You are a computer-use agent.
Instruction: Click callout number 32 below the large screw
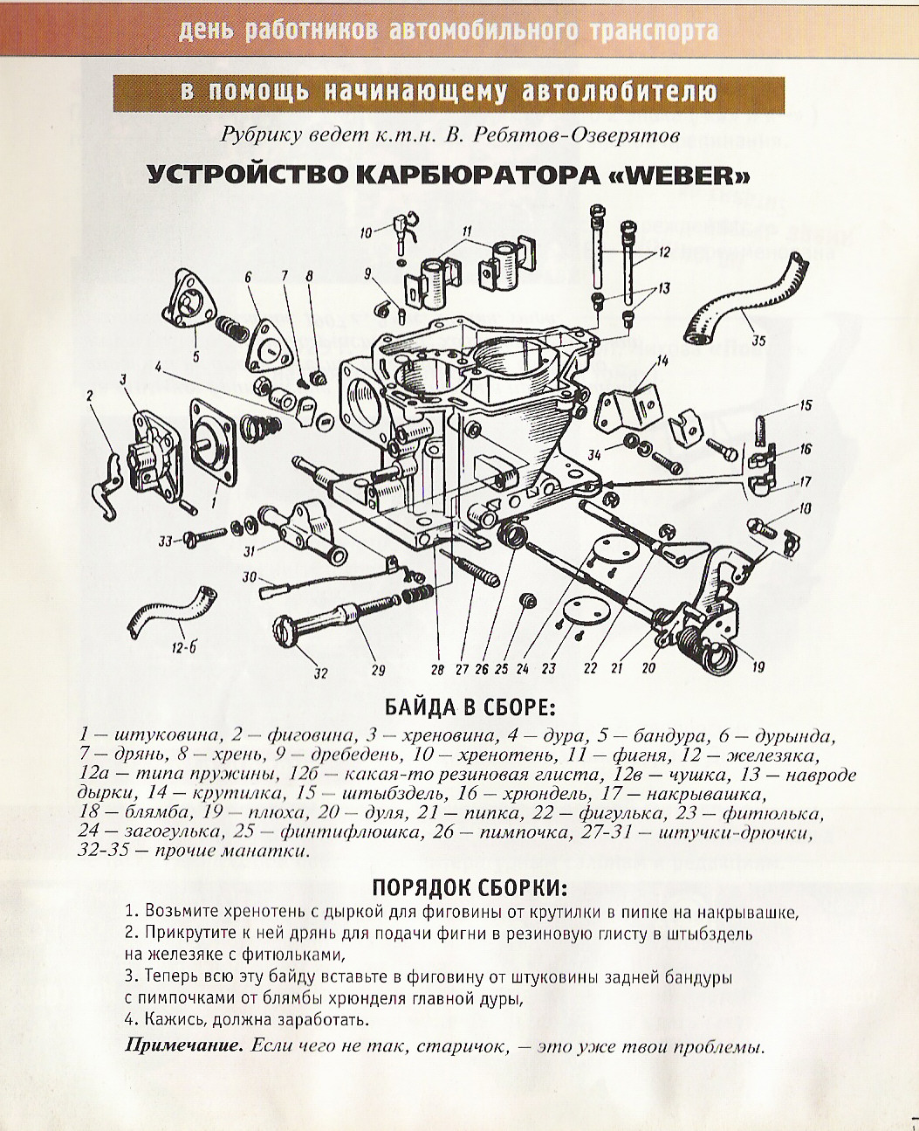(x=320, y=672)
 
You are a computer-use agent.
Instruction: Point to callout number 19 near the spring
(x=758, y=667)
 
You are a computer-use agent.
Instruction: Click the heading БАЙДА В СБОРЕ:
(x=470, y=706)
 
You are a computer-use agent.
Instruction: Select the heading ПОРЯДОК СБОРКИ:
(x=470, y=887)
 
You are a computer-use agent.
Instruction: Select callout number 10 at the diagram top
(x=366, y=232)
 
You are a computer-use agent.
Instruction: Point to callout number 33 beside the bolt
(x=165, y=541)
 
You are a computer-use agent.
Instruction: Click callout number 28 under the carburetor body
(x=437, y=670)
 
